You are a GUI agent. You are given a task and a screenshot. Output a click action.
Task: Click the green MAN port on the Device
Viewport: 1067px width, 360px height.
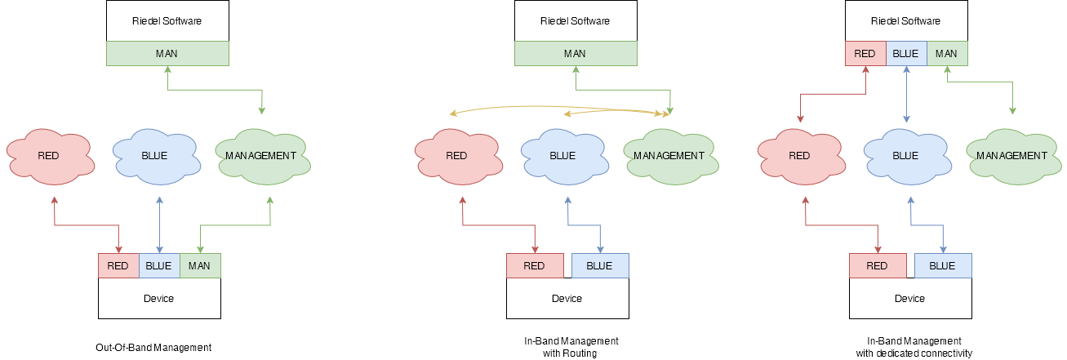pyautogui.click(x=199, y=266)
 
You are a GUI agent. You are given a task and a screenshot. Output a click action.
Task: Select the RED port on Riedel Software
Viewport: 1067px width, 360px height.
pyautogui.click(x=865, y=54)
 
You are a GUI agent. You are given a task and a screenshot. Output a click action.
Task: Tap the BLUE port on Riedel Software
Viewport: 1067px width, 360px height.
pyautogui.click(x=905, y=54)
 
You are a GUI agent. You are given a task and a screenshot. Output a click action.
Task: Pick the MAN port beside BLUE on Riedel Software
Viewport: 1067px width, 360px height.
pyautogui.click(x=947, y=54)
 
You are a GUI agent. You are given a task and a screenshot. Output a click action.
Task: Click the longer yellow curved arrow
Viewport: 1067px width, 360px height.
pyautogui.click(x=555, y=106)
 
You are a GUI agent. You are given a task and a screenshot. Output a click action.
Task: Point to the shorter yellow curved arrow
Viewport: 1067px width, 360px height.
pyautogui.click(x=612, y=113)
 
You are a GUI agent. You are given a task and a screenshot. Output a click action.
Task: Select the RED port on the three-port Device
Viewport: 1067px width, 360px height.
pyautogui.click(x=118, y=266)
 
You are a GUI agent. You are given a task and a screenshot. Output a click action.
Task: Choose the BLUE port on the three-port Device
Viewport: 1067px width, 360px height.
pyautogui.click(x=159, y=266)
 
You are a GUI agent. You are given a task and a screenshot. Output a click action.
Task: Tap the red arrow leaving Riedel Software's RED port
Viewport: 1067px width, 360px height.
pyautogui.click(x=833, y=95)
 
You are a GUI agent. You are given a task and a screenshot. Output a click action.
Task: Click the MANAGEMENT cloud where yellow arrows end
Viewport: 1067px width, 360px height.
pyautogui.click(x=669, y=156)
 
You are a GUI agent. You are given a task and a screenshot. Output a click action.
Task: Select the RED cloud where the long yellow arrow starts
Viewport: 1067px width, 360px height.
pyautogui.click(x=456, y=156)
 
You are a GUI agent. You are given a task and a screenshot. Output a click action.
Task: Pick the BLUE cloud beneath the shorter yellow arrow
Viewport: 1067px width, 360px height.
pyautogui.click(x=562, y=156)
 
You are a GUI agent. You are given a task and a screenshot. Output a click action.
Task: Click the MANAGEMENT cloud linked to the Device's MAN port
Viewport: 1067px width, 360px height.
pyautogui.click(x=260, y=156)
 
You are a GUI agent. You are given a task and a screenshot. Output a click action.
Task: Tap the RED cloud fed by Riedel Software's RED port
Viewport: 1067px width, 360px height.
pyautogui.click(x=799, y=156)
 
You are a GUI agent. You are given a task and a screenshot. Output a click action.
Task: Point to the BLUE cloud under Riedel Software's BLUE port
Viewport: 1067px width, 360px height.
pyautogui.click(x=905, y=156)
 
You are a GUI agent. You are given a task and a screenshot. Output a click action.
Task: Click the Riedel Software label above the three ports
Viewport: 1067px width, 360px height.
pyautogui.click(x=906, y=21)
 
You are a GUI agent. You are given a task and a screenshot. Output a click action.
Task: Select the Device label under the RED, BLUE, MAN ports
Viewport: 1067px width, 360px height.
pyautogui.click(x=159, y=298)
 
